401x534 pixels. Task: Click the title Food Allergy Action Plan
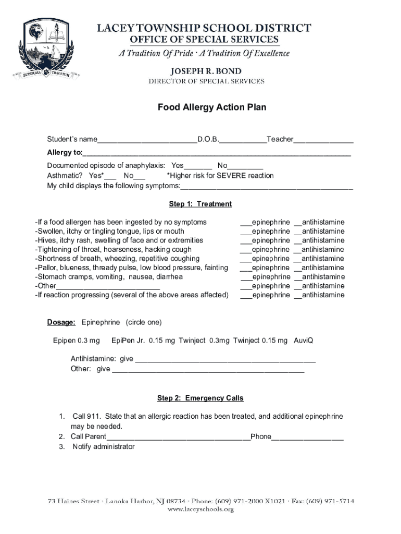point(212,107)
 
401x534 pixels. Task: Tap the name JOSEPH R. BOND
point(207,70)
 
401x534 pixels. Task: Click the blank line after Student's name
point(147,140)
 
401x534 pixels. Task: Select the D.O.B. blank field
point(243,140)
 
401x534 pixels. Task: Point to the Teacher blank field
point(323,140)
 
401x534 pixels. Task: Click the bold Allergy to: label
point(65,152)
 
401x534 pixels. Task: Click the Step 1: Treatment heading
point(200,204)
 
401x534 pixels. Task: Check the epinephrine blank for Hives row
point(246,241)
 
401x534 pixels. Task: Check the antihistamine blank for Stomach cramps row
point(297,277)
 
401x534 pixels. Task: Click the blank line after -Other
point(108,286)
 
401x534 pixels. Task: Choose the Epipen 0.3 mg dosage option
point(76,341)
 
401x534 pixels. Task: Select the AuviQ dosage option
point(303,341)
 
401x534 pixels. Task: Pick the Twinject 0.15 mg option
point(260,341)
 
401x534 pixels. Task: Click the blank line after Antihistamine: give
point(224,359)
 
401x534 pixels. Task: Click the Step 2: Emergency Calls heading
point(200,398)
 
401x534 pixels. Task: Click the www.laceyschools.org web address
point(200,509)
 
